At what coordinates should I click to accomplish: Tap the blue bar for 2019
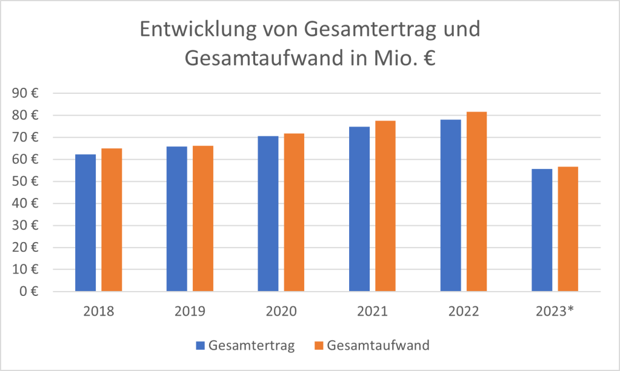pos(177,218)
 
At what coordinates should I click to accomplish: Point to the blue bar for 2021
pos(359,209)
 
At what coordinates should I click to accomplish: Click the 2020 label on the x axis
pos(281,312)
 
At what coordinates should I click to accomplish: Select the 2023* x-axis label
pos(556,312)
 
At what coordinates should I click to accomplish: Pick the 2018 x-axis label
pos(99,312)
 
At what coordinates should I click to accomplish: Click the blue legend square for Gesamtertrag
pos(200,346)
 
